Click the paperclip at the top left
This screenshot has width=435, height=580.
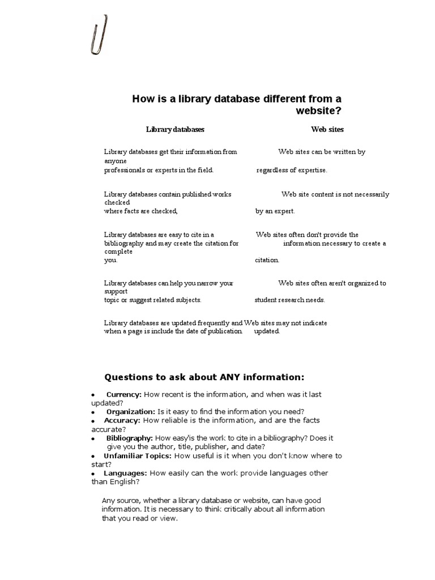click(x=100, y=35)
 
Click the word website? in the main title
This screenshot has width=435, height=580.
click(x=319, y=110)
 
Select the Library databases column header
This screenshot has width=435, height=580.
click(x=175, y=129)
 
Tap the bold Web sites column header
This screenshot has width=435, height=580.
click(x=327, y=129)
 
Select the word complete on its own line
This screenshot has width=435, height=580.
click(x=118, y=251)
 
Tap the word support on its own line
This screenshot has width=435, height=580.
click(x=116, y=292)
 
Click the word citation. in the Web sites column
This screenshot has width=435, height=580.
click(x=267, y=260)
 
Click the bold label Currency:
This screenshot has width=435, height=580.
click(x=124, y=394)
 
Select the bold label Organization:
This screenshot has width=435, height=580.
click(x=130, y=411)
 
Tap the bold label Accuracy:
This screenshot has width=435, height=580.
click(x=122, y=420)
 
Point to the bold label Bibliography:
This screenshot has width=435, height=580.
click(x=129, y=438)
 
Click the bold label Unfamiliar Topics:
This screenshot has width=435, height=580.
click(x=138, y=455)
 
